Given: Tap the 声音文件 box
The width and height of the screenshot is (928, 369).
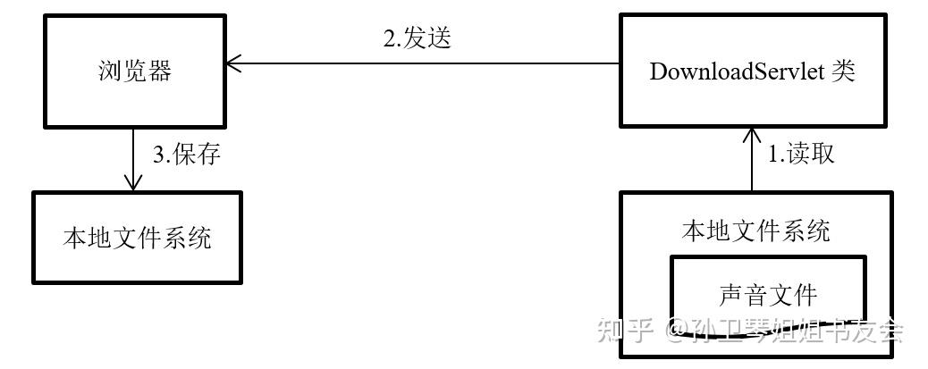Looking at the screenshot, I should click(767, 294).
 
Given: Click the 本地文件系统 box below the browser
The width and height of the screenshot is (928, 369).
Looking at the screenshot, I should click(137, 238).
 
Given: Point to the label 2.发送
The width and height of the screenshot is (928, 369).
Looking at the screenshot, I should click(417, 39).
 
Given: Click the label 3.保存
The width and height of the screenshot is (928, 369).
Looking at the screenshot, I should click(186, 155).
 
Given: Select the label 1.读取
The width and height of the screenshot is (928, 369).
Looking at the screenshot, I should click(802, 154).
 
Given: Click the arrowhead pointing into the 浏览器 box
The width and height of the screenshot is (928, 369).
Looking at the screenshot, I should click(234, 63).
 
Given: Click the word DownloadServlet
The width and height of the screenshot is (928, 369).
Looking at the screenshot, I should click(733, 71).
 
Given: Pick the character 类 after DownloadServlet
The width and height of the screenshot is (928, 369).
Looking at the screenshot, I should click(842, 71).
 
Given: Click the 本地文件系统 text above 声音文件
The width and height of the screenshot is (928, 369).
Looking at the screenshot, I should click(755, 231).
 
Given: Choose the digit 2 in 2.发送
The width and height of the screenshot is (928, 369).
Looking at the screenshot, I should click(389, 40).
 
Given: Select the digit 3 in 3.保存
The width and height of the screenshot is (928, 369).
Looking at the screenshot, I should click(157, 155).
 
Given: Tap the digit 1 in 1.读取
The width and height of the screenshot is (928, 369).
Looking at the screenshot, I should click(774, 155).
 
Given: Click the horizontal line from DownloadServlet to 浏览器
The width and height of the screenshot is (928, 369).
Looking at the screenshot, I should click(429, 63).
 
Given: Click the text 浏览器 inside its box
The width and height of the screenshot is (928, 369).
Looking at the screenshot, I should click(134, 71).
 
